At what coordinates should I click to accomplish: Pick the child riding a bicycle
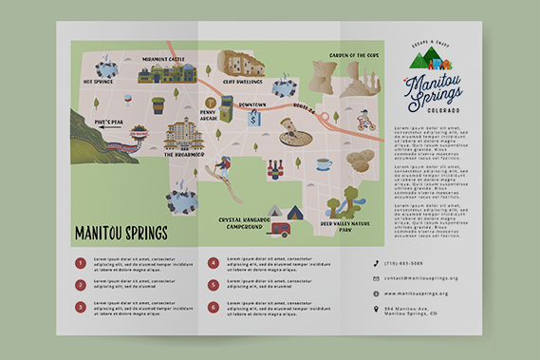(x=365, y=121)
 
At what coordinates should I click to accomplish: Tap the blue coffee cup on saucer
(x=324, y=163)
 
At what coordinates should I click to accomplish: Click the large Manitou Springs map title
(x=120, y=232)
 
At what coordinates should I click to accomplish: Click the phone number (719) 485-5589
(x=403, y=263)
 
